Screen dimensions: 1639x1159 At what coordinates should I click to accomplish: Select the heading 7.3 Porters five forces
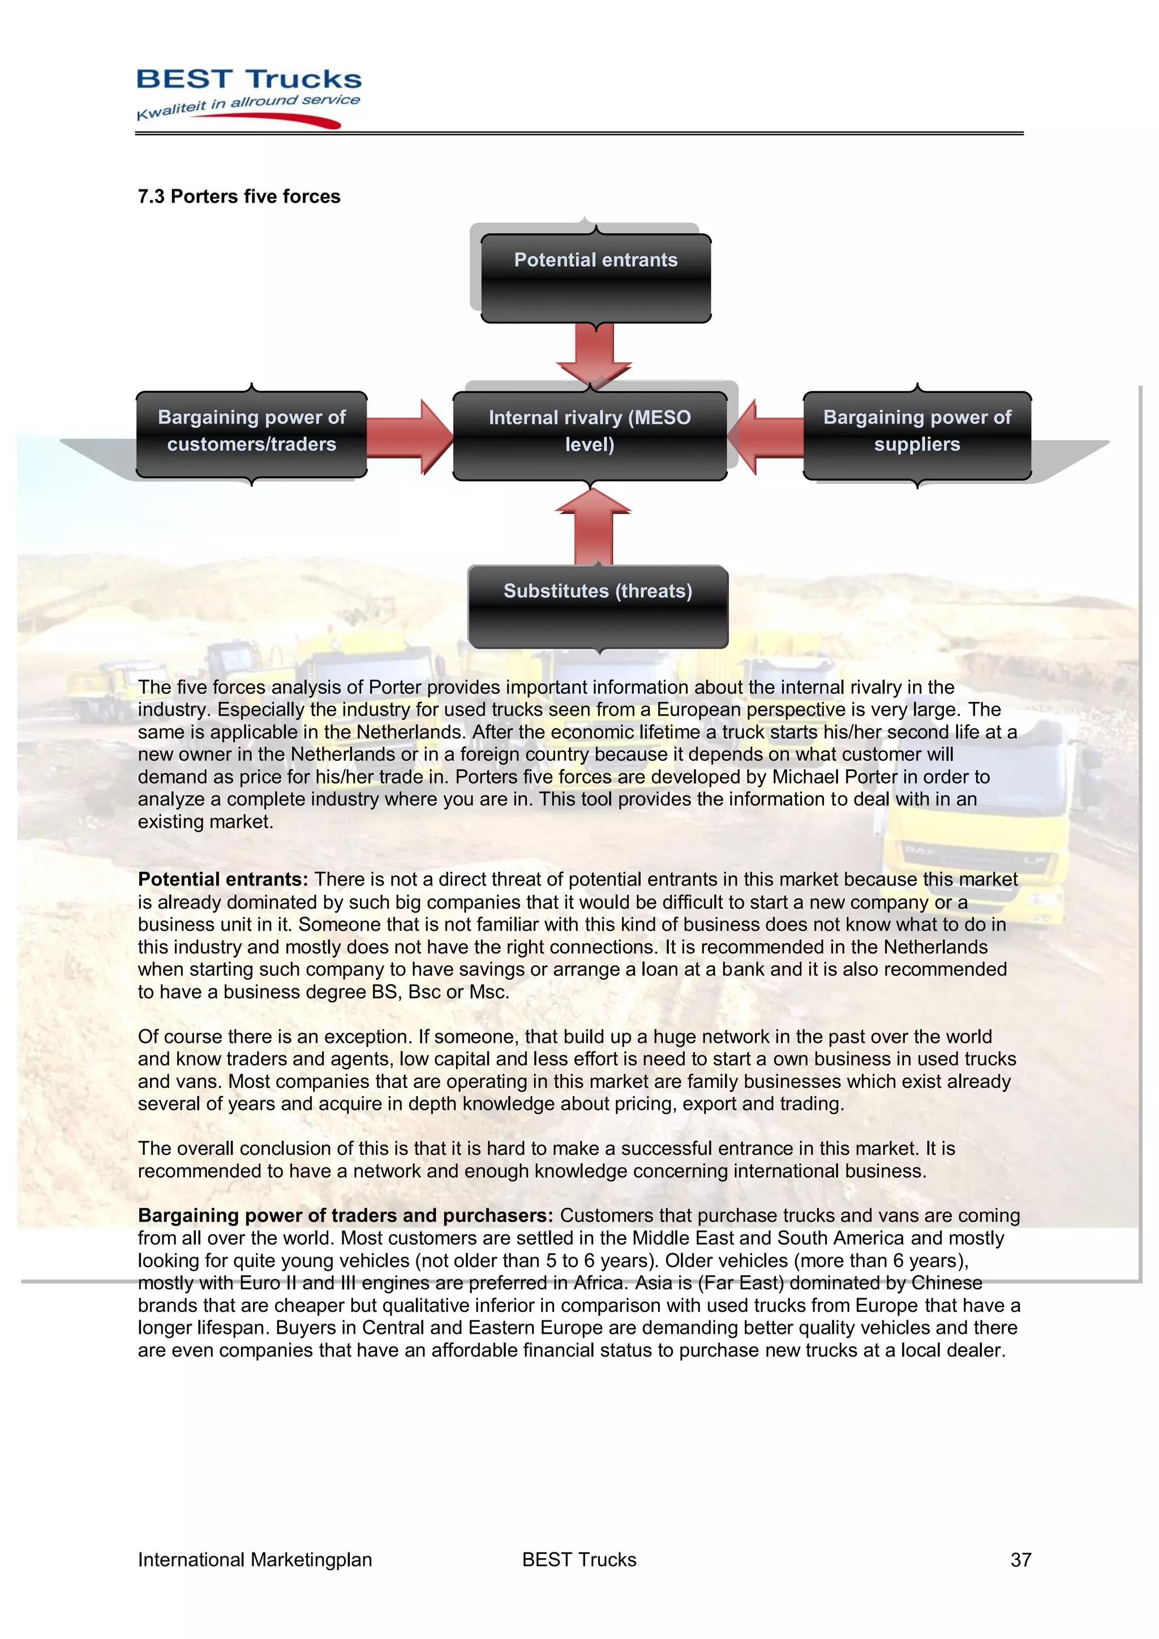[238, 196]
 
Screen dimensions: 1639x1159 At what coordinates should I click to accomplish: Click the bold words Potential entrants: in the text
[222, 879]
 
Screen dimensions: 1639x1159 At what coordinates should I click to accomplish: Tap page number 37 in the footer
[1020, 1560]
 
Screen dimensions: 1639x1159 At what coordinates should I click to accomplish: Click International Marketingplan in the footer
[255, 1560]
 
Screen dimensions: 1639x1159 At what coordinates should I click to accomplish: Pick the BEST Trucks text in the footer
[579, 1560]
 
